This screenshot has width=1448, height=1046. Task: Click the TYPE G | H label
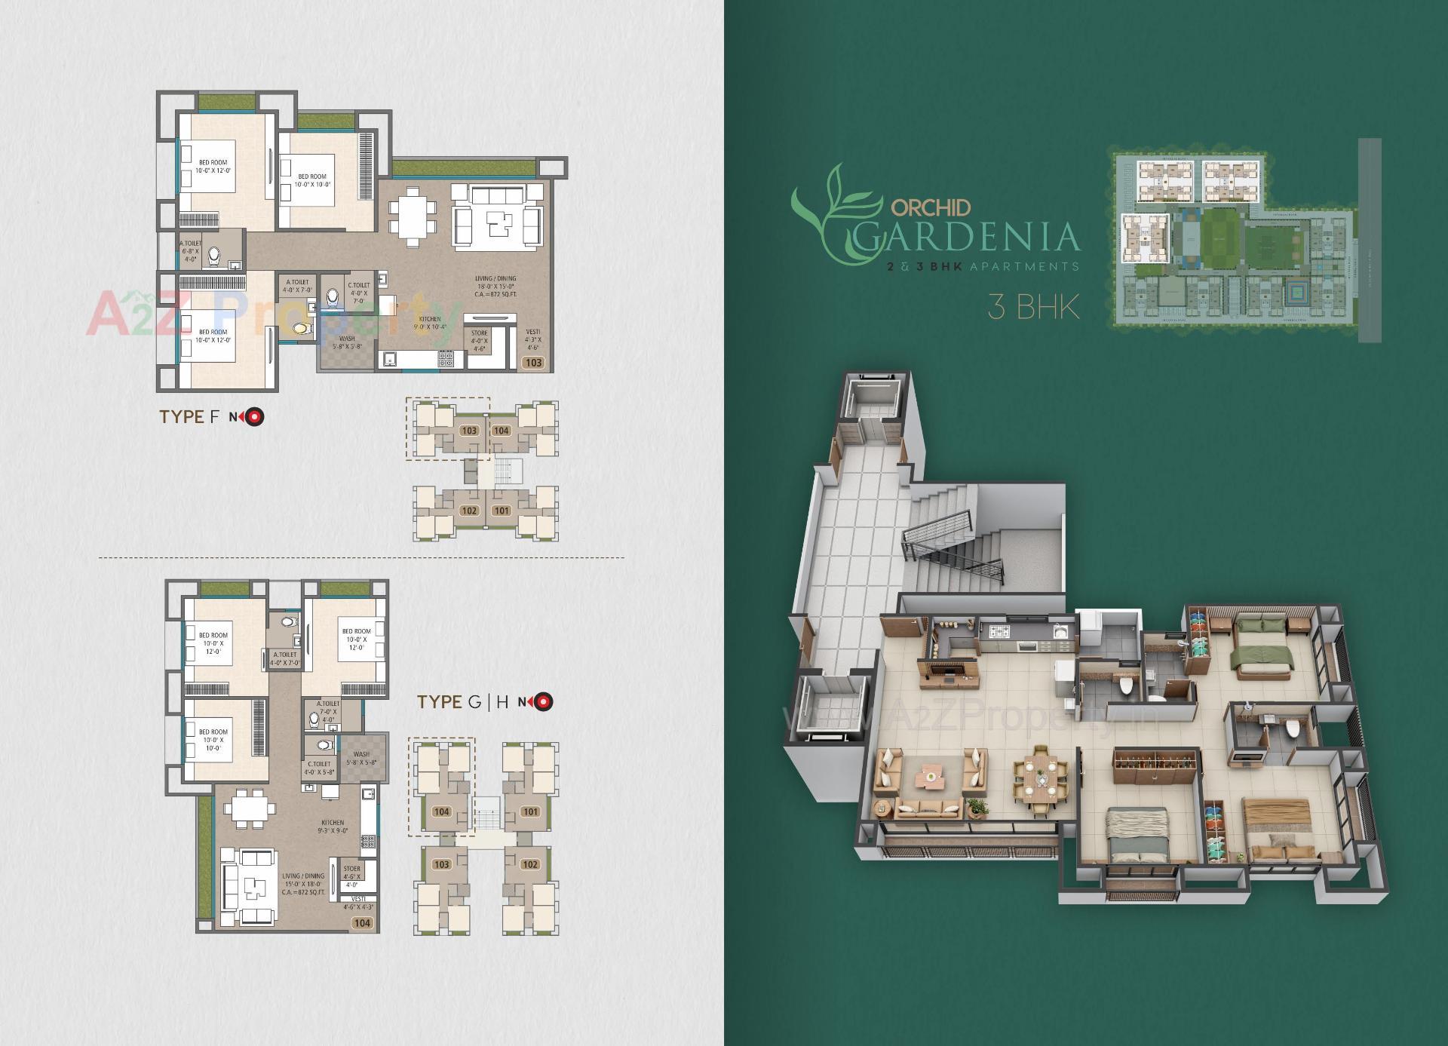coord(462,702)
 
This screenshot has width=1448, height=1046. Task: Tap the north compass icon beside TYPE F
coord(256,417)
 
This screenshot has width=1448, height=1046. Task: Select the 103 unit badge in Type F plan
coord(533,363)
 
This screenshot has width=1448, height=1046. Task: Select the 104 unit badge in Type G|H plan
coord(362,923)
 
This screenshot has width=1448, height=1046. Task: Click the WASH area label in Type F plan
coord(347,343)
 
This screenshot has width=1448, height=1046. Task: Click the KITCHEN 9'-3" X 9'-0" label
coord(333,827)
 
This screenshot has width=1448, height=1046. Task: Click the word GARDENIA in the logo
coord(970,236)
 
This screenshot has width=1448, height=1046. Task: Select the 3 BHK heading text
coord(1034,307)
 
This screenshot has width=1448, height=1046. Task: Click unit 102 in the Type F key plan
coord(469,511)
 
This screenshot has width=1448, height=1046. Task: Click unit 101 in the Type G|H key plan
coord(530,812)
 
